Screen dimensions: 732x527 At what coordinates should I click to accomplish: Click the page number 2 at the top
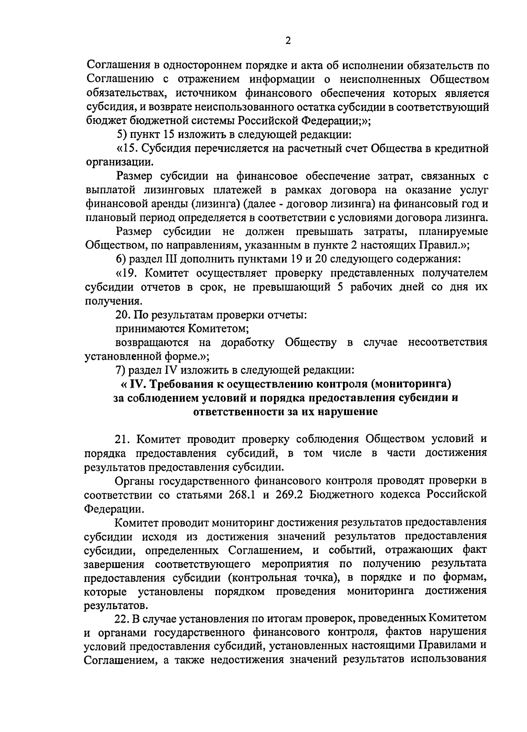click(288, 41)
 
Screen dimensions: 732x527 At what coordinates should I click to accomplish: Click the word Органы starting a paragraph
click(134, 480)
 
